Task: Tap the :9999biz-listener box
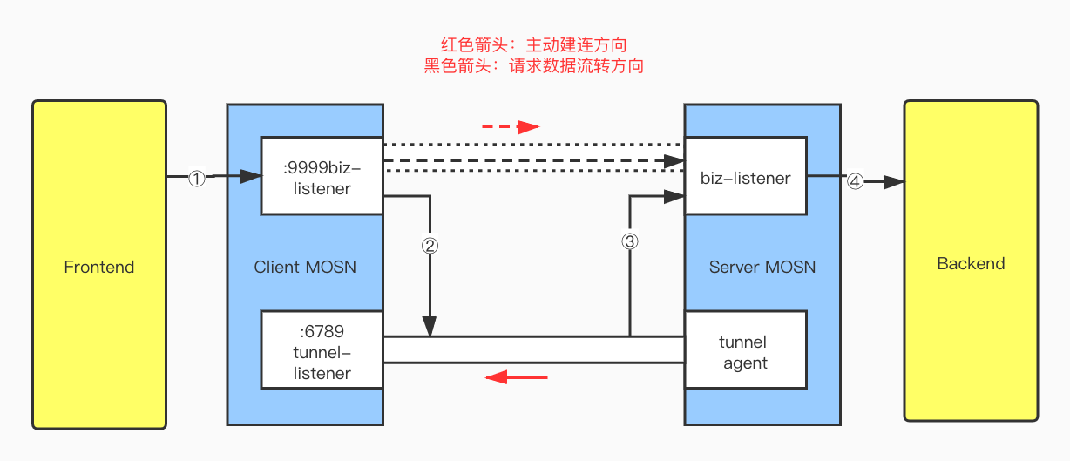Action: pyautogui.click(x=322, y=175)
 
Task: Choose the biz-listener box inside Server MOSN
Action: pyautogui.click(x=745, y=178)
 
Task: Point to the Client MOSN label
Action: pyautogui.click(x=305, y=267)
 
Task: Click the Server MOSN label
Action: pyautogui.click(x=762, y=267)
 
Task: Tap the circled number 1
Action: pyautogui.click(x=197, y=178)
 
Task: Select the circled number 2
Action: pyautogui.click(x=429, y=245)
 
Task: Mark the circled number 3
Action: pyautogui.click(x=629, y=241)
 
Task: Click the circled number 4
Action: pyautogui.click(x=855, y=181)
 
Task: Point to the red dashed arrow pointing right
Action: pyautogui.click(x=511, y=127)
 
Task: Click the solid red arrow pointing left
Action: pyautogui.click(x=517, y=377)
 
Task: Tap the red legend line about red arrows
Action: pyautogui.click(x=533, y=44)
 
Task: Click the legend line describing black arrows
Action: pyautogui.click(x=533, y=65)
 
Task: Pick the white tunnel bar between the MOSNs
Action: pyautogui.click(x=533, y=349)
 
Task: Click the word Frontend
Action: pyautogui.click(x=98, y=267)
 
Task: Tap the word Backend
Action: pyautogui.click(x=971, y=263)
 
